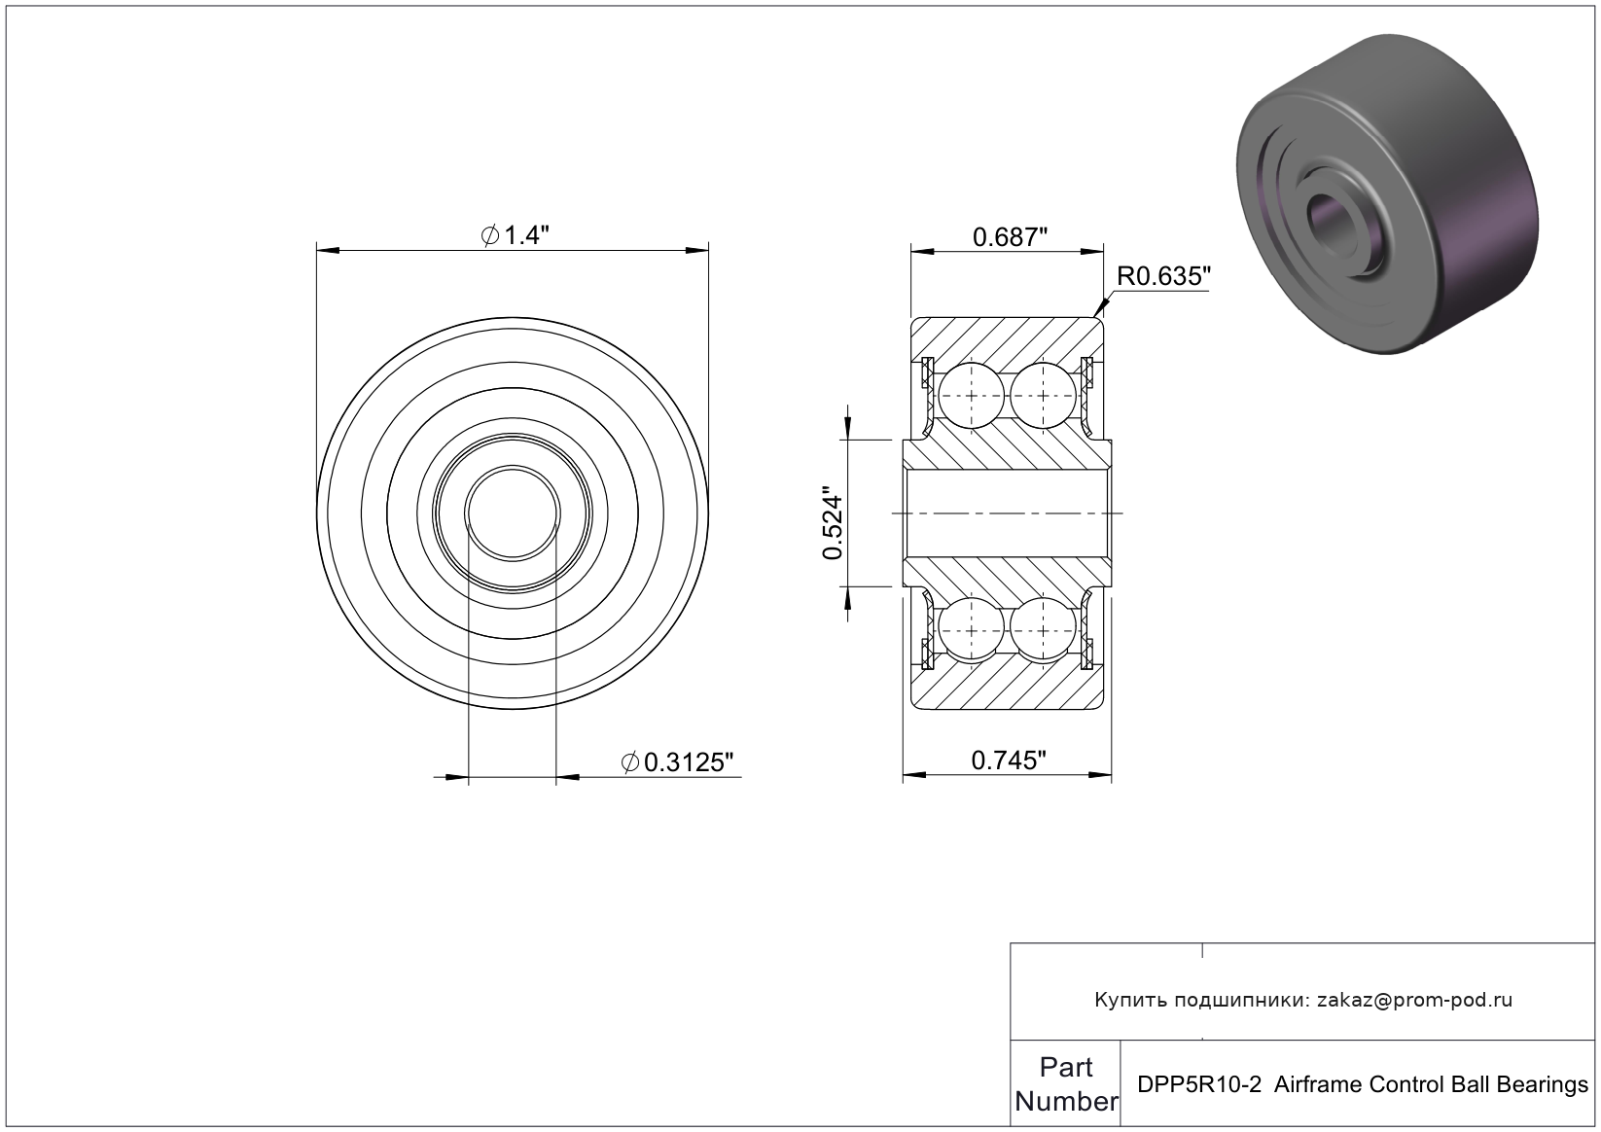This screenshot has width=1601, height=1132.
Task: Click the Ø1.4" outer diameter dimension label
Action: pos(515,234)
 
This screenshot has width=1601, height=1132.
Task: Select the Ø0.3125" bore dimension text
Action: pos(678,762)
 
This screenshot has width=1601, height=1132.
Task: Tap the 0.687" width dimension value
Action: pos(1010,236)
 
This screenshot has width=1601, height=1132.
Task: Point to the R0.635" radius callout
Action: pos(1163,276)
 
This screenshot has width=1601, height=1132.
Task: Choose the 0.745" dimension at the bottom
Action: pos(1009,761)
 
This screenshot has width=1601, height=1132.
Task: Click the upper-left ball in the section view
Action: pos(972,395)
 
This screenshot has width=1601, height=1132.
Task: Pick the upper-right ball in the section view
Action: pos(1043,395)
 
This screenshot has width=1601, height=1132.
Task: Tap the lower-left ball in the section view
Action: pos(972,630)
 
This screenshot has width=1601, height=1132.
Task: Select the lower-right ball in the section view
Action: pos(1043,630)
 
